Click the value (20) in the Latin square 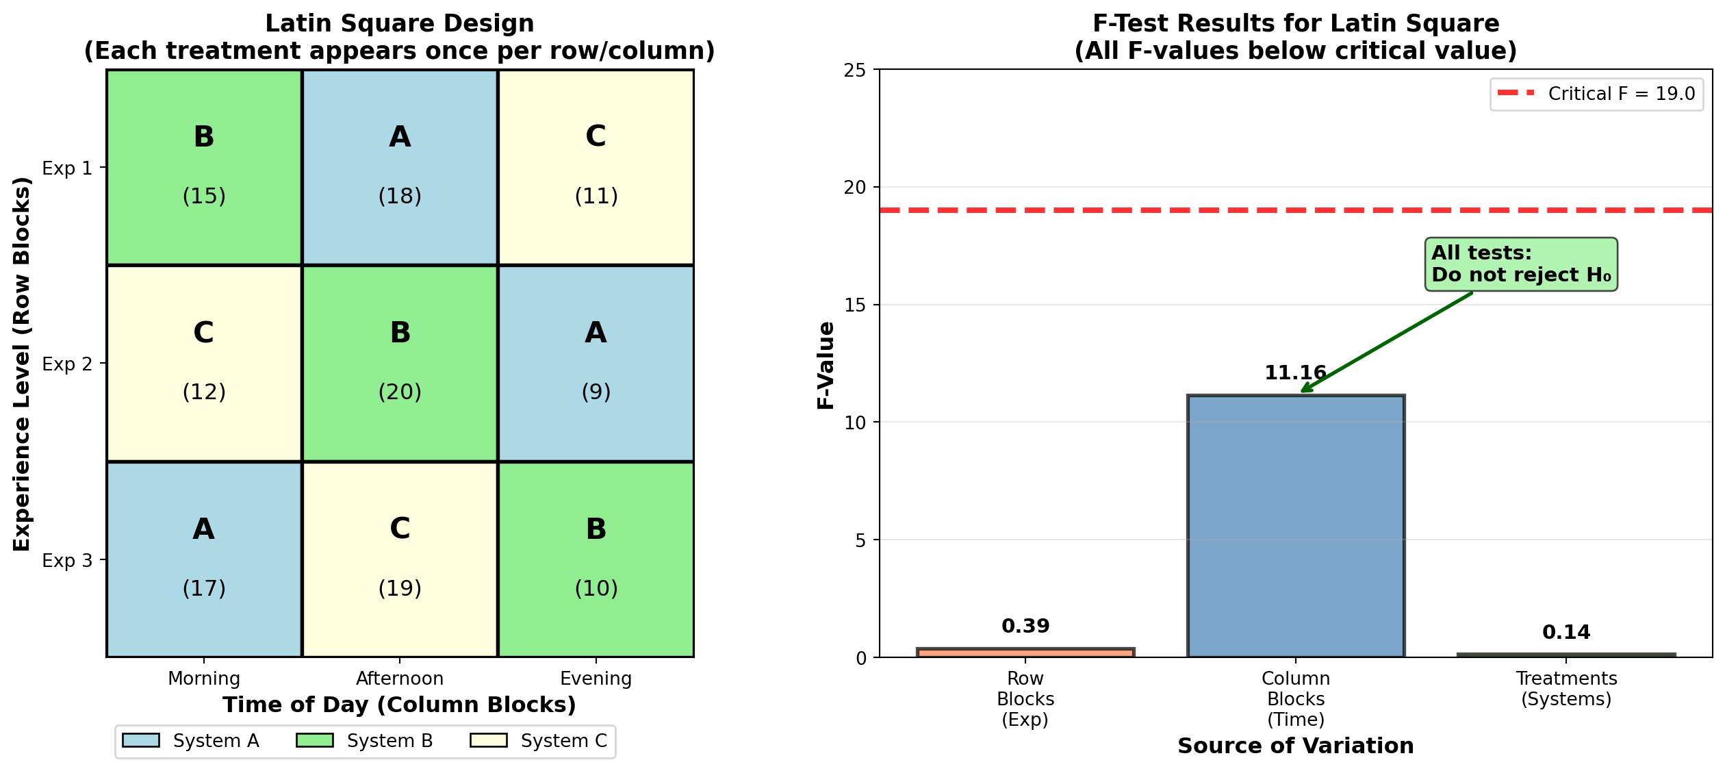[x=400, y=392]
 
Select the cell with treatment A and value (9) [x=596, y=363]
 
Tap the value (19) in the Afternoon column [x=400, y=588]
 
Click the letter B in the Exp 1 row [x=204, y=136]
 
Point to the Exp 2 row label [x=67, y=364]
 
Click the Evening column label [x=596, y=679]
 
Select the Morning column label [x=204, y=679]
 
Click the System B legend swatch [x=315, y=741]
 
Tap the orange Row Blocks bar [x=1025, y=653]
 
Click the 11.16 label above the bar [x=1295, y=373]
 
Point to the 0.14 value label [x=1566, y=633]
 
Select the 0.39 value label [x=1025, y=627]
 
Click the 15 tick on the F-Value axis [x=855, y=305]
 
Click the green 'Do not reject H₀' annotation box [x=1521, y=264]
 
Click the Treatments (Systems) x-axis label [x=1566, y=689]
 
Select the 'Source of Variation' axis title [x=1295, y=746]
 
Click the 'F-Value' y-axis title [x=826, y=365]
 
